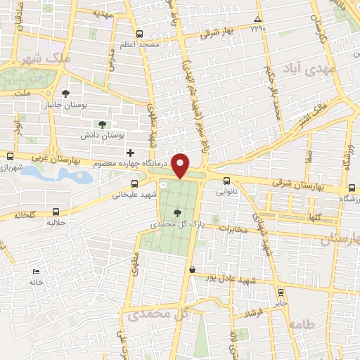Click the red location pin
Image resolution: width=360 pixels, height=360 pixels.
(x=181, y=165)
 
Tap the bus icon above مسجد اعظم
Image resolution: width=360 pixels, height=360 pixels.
(x=139, y=34)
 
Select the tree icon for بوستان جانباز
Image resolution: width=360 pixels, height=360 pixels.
(x=66, y=94)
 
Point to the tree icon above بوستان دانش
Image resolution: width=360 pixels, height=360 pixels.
(x=103, y=124)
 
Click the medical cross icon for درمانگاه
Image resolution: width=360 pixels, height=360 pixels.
(x=129, y=153)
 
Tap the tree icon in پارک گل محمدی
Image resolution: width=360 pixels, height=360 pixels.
(x=176, y=212)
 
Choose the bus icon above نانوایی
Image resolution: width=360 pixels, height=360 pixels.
(x=226, y=181)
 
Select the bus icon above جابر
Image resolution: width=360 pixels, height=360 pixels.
(x=281, y=292)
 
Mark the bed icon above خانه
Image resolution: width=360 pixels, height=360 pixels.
(x=36, y=272)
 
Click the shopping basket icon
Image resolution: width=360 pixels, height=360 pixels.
(x=192, y=269)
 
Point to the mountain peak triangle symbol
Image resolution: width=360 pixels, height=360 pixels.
(x=257, y=19)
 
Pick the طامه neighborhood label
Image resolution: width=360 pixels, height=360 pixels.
(x=300, y=325)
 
